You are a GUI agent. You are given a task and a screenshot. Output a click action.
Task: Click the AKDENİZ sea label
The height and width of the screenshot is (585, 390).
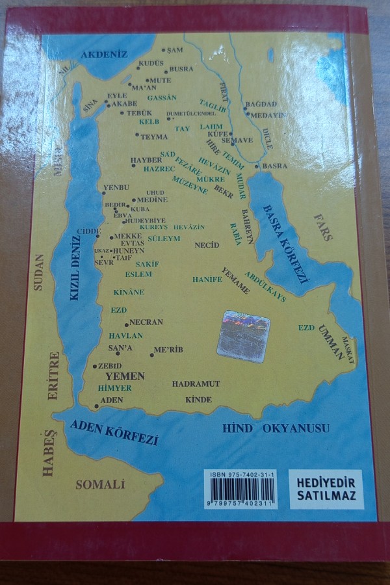103,55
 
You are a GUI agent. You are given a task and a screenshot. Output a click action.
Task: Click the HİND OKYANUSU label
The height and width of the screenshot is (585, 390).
276,428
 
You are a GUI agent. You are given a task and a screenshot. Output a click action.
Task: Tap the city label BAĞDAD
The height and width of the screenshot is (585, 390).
263,104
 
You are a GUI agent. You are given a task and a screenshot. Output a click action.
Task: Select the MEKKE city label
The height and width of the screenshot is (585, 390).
127,236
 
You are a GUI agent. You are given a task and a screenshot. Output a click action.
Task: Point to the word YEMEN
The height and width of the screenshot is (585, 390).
125,376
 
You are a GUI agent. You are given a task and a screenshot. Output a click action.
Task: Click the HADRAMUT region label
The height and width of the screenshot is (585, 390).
196,384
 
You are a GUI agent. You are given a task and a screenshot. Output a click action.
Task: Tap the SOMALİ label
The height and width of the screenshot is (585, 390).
99,484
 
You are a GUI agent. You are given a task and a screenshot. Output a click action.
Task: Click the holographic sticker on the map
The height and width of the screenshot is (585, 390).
243,336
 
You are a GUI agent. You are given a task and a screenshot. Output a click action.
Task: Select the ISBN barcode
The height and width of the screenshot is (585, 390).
240,488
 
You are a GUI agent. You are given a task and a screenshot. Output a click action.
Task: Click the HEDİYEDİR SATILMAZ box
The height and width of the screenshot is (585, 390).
326,489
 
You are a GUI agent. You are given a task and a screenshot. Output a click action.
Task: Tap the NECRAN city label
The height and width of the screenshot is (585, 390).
146,322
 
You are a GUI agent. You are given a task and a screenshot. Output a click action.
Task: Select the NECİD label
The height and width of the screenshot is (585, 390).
207,245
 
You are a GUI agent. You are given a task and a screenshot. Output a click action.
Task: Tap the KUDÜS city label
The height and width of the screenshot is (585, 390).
150,64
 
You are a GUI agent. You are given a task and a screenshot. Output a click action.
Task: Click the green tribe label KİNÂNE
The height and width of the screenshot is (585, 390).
129,292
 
